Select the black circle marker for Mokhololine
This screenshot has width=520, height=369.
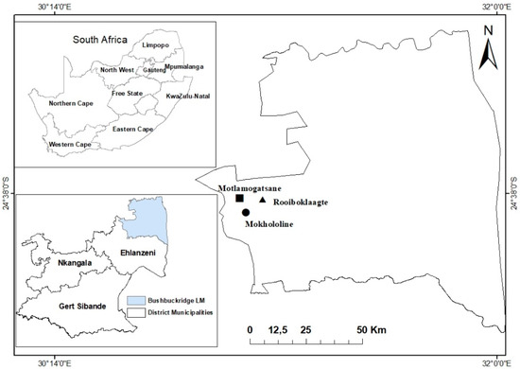pyautogui.click(x=246, y=213)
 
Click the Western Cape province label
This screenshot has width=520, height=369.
pyautogui.click(x=75, y=145)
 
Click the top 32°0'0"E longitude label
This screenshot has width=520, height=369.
pyautogui.click(x=496, y=7)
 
